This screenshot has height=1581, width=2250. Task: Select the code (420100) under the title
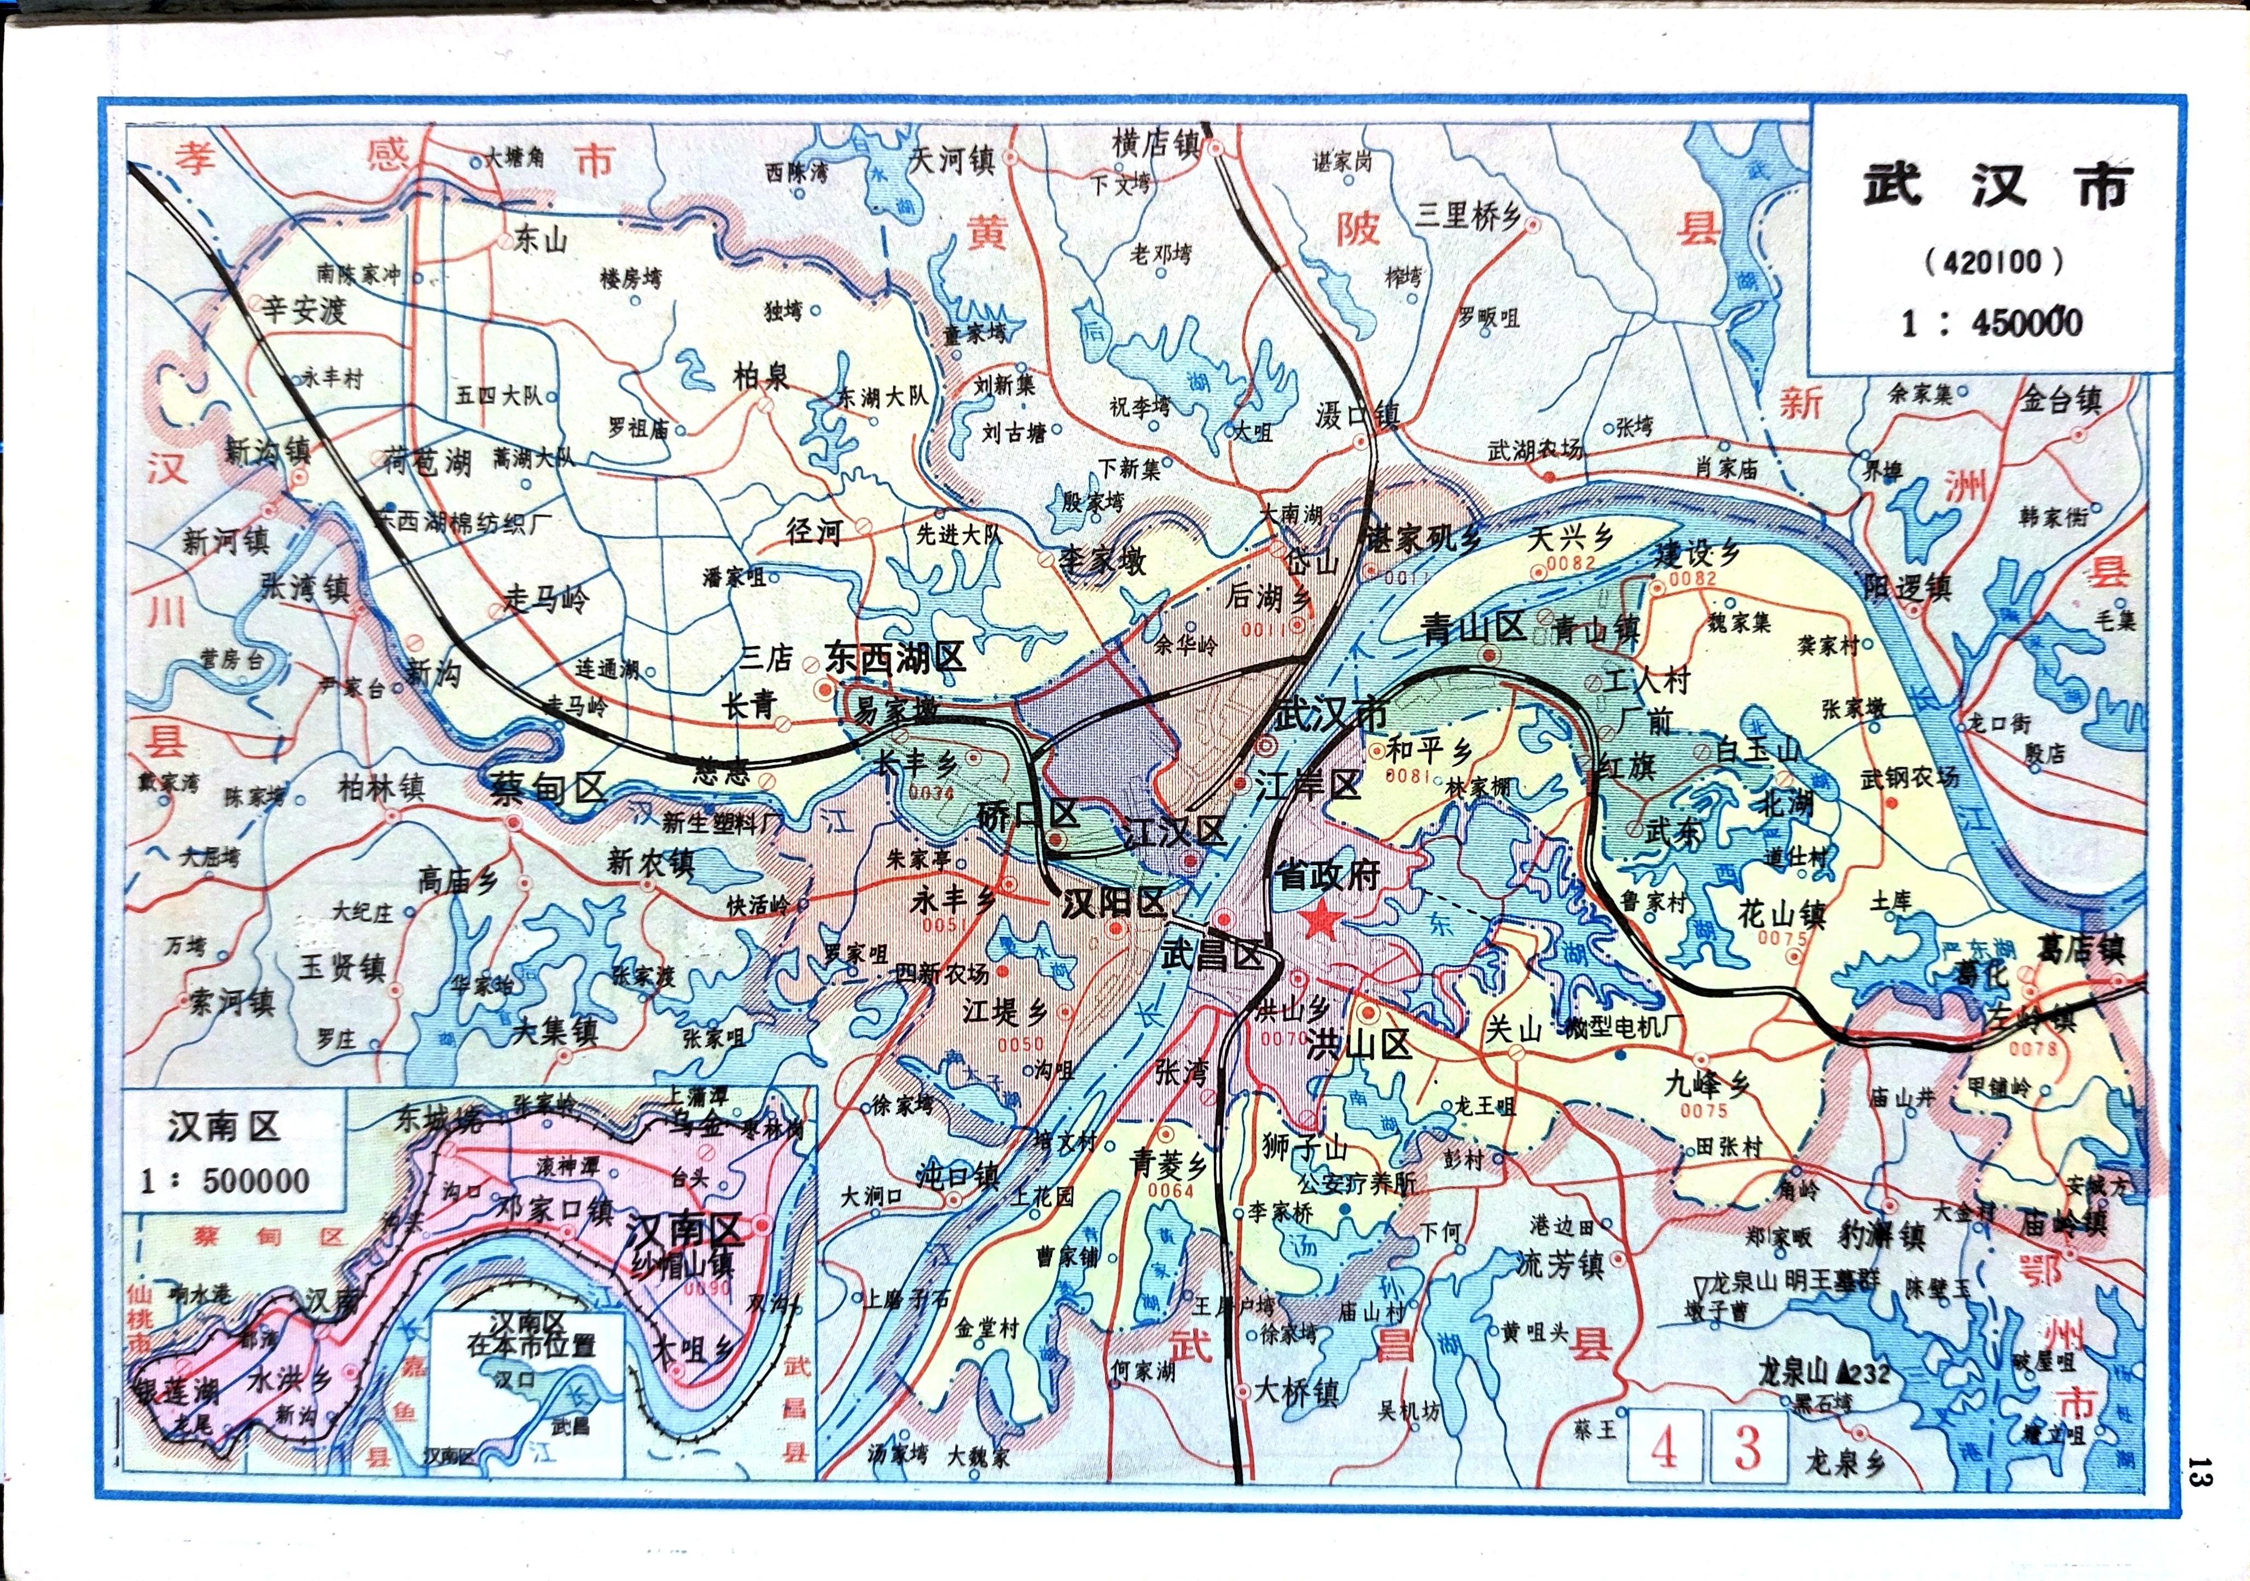(1993, 262)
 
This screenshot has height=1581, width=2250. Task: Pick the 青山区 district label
(1473, 628)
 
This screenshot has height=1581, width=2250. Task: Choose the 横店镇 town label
(1156, 144)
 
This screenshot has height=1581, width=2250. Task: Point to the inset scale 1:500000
(225, 1181)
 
